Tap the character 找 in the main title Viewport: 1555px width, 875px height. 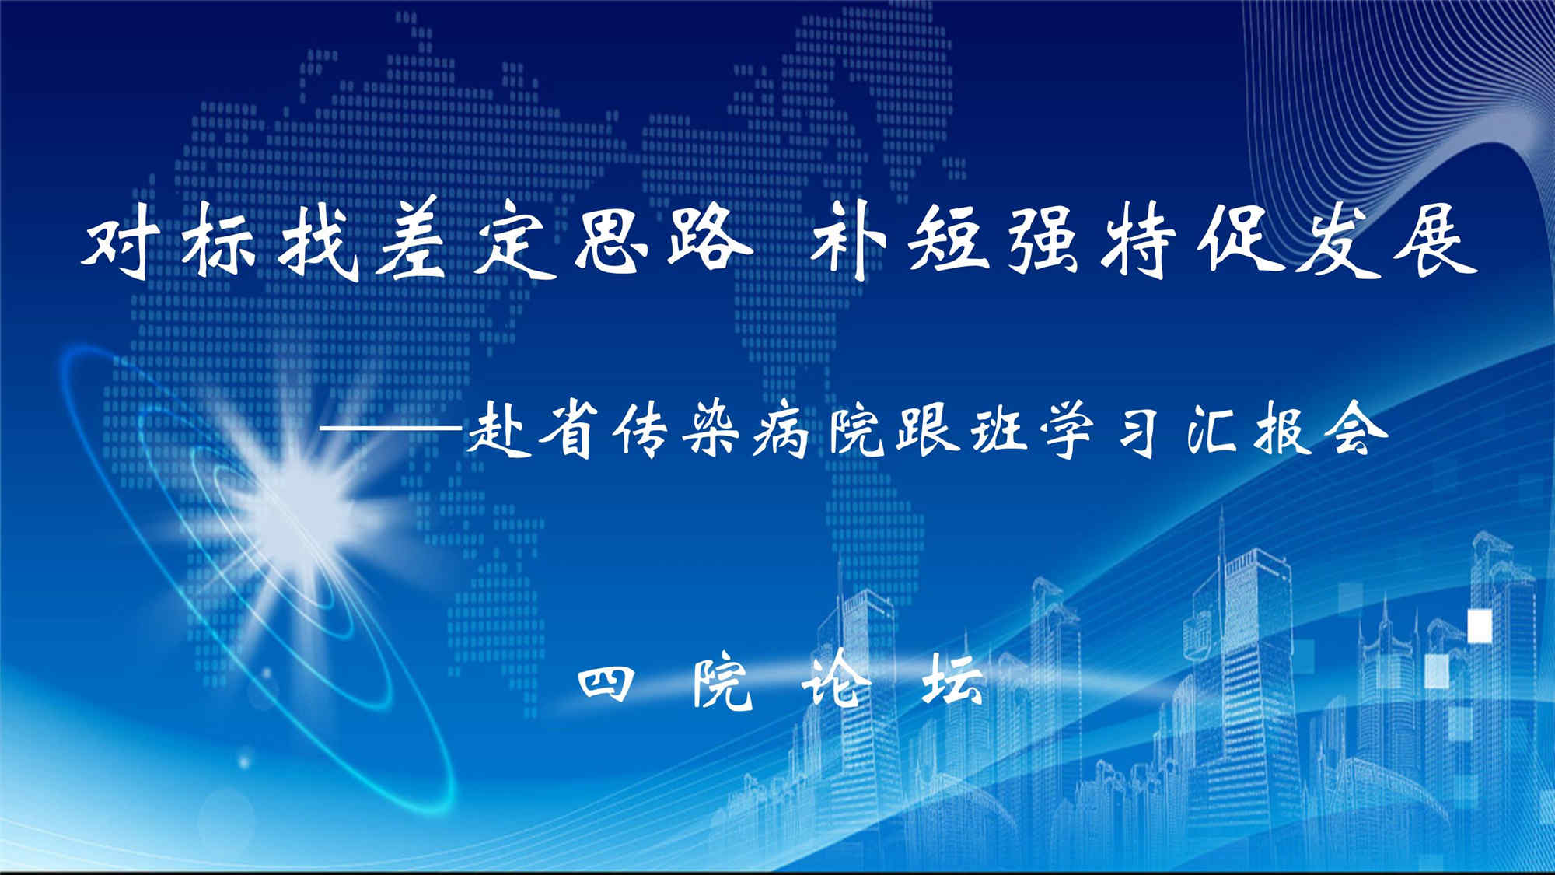[318, 241]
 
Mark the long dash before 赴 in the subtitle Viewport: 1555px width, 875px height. [393, 429]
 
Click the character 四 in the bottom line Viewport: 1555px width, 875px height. [606, 684]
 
